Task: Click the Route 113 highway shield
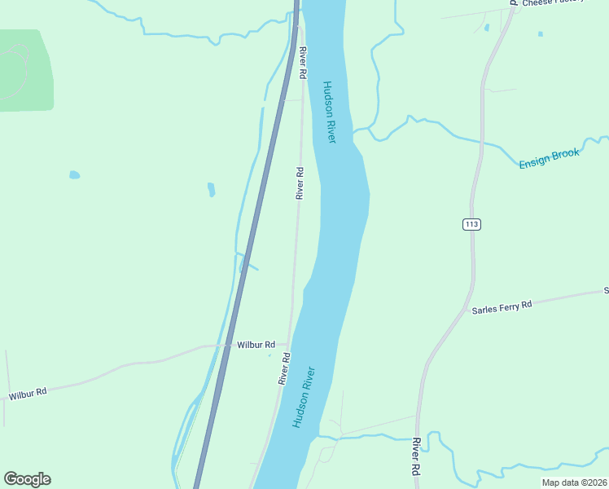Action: (471, 224)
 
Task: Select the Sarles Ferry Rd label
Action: (502, 306)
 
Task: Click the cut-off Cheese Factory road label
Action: (554, 3)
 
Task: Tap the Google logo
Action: (27, 479)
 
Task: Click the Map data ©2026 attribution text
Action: (574, 482)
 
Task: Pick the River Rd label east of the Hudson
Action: (415, 456)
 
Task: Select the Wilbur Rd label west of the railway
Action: (28, 394)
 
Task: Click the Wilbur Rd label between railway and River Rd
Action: (256, 345)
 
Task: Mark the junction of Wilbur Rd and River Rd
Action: (290, 345)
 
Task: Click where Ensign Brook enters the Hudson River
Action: (355, 130)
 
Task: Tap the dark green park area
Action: (24, 71)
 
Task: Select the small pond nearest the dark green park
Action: (74, 174)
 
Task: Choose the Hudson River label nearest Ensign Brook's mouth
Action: (329, 112)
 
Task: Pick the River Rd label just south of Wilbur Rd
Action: (283, 368)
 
